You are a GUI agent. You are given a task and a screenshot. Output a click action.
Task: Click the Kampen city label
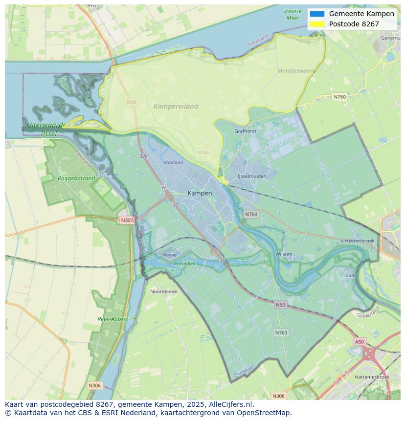[x=200, y=193]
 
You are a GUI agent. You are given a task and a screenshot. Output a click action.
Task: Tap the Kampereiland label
[x=176, y=106]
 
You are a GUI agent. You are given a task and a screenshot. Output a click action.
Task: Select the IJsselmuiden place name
[x=251, y=176]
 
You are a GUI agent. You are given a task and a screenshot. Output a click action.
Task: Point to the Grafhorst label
[x=245, y=131]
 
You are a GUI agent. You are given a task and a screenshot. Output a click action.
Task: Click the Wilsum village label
[x=284, y=254]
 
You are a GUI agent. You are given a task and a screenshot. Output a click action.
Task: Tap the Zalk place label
[x=350, y=276]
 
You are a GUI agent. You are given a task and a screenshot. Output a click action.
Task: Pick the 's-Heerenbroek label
[x=358, y=241]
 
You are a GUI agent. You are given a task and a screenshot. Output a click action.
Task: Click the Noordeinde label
[x=164, y=291]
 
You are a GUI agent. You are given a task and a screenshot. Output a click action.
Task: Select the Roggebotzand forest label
[x=76, y=178]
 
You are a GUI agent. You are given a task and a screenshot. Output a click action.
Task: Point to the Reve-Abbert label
[x=112, y=319]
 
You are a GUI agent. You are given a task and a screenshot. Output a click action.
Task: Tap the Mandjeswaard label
[x=296, y=71]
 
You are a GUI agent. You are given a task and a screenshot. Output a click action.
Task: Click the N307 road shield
[x=127, y=220]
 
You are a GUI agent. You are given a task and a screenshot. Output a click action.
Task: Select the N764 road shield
[x=251, y=214]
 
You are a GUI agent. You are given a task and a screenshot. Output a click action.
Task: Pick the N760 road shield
[x=339, y=97]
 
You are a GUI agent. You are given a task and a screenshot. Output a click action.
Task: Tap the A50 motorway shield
[x=360, y=342]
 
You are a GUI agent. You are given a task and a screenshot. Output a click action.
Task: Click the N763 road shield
[x=281, y=332]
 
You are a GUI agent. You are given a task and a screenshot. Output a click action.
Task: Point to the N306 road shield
[x=94, y=386]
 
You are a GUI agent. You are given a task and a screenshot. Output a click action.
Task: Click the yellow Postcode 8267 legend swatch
[x=317, y=24]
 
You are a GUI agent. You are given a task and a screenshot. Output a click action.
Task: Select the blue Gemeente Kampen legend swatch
[x=317, y=14]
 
